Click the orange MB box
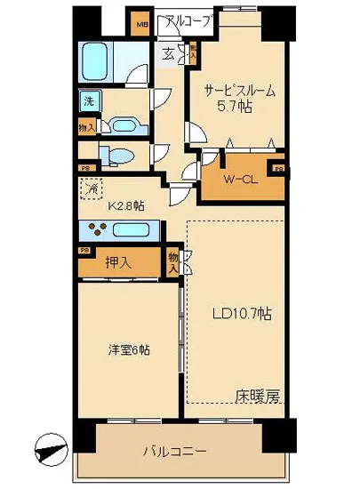(x=142, y=22)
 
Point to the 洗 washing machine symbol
(x=88, y=101)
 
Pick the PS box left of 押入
(x=84, y=251)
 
